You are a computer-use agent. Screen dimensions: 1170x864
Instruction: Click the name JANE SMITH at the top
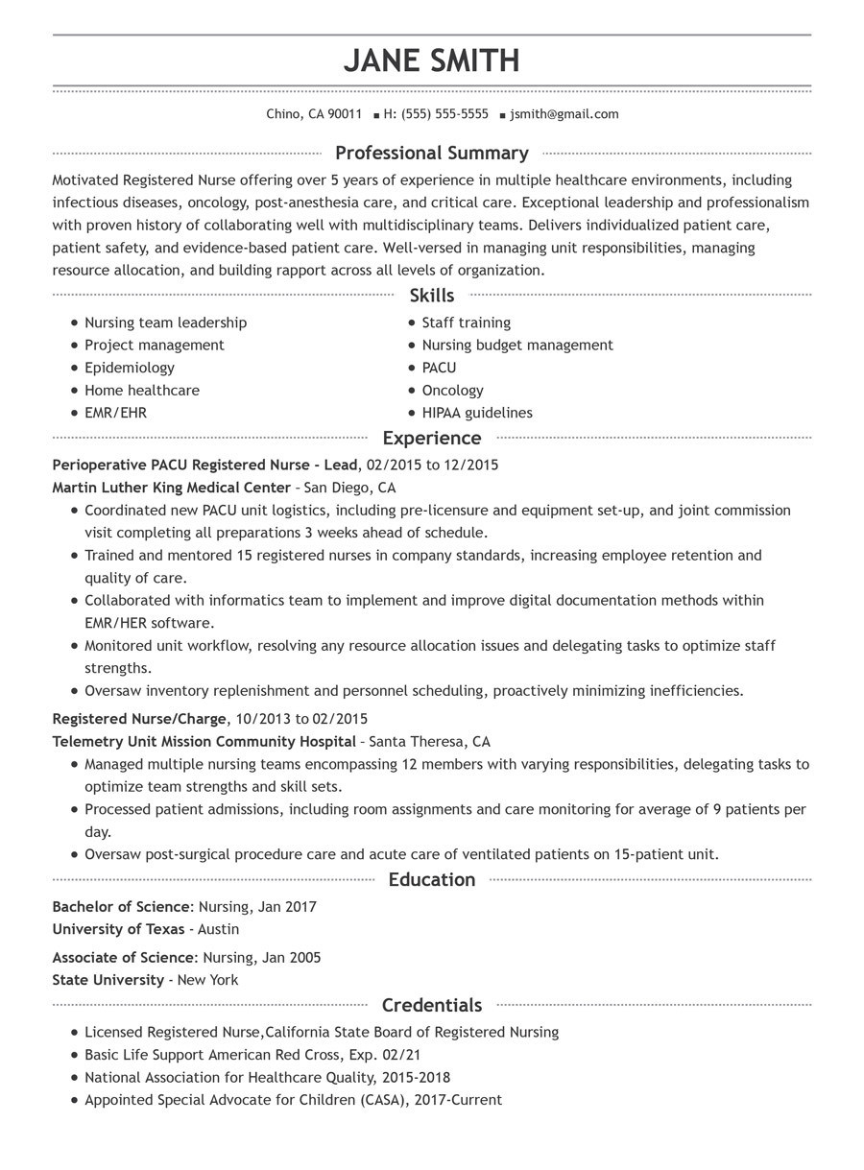point(431,61)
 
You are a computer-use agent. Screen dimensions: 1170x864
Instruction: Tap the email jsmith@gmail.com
point(564,114)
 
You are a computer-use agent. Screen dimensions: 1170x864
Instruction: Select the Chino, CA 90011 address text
point(314,114)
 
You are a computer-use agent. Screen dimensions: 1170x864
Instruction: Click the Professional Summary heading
point(431,154)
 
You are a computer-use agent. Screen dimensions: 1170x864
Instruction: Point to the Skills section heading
point(431,296)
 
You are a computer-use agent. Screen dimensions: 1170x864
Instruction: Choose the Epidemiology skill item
point(130,368)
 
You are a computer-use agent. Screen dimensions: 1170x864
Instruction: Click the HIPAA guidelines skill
point(477,413)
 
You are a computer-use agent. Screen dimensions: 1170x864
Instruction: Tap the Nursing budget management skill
point(517,346)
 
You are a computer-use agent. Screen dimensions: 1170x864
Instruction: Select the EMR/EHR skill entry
point(115,413)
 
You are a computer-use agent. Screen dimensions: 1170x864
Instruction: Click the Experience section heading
point(431,439)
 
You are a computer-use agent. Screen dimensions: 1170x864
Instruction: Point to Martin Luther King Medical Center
point(171,488)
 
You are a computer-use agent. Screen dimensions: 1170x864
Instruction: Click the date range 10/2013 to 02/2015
point(300,719)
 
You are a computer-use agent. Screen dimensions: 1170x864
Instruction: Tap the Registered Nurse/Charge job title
point(139,719)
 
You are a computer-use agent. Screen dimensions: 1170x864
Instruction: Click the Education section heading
point(431,880)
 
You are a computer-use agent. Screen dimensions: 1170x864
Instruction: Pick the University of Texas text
point(119,929)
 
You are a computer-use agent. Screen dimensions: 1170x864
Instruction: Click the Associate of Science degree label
point(123,958)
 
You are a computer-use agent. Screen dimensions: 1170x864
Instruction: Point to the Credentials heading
point(431,1006)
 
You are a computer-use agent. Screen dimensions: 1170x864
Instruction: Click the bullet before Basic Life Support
point(75,1056)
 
